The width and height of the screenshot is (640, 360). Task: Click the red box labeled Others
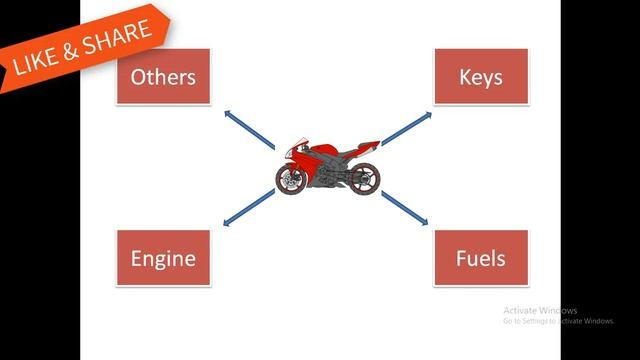point(164,76)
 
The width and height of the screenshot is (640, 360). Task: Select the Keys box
point(481,76)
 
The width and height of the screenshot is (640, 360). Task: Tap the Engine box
point(164,258)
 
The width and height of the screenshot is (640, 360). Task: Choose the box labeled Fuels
point(481,258)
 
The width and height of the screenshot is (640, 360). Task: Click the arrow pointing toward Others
point(249,130)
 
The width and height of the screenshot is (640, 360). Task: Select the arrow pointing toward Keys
point(407,128)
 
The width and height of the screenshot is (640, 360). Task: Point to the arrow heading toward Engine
point(249,207)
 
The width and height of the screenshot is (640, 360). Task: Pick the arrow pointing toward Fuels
point(404,208)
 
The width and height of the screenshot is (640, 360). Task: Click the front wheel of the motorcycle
point(291,179)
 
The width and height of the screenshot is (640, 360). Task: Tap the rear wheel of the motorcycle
point(364,178)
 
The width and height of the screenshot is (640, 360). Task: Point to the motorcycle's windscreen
point(298,143)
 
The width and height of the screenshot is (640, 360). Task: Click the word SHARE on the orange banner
point(116,38)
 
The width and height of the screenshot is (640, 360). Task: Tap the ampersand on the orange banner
point(70,52)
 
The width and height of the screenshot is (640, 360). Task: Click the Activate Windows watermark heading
point(540,311)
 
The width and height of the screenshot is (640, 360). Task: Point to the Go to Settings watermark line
point(558,321)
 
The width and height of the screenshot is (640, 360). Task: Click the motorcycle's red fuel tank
point(325,149)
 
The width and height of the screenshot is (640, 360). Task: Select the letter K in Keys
point(465,76)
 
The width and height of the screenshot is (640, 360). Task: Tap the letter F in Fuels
point(460,258)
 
